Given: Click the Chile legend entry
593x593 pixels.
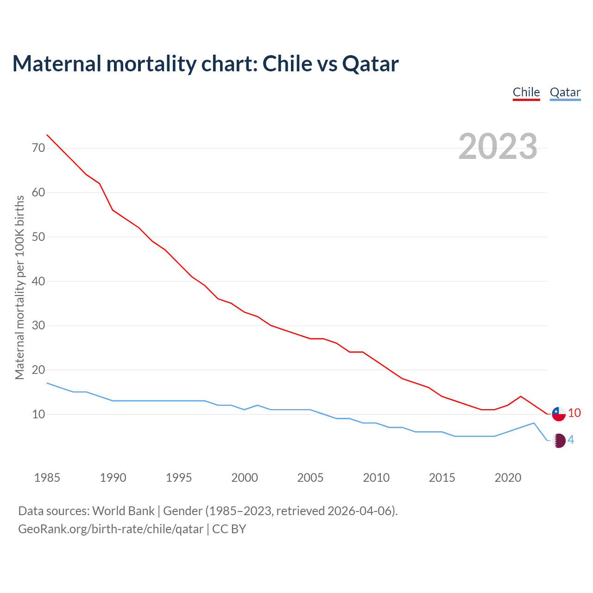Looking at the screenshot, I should click(x=526, y=92).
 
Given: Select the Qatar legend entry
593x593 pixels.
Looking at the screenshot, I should click(x=565, y=92).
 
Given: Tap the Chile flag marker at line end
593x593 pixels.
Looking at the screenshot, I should click(x=559, y=414).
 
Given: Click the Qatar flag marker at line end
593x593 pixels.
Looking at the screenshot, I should click(x=559, y=441).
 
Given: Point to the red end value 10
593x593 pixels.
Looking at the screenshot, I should click(x=574, y=413).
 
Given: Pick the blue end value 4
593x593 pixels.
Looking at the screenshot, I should click(x=571, y=440).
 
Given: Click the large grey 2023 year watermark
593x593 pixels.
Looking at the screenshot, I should click(x=498, y=146).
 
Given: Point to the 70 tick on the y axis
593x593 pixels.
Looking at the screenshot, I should click(x=38, y=148).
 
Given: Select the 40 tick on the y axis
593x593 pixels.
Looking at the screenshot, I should click(x=38, y=281).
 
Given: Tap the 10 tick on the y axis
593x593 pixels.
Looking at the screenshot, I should click(x=38, y=414).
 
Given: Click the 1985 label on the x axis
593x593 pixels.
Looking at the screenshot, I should click(x=47, y=478).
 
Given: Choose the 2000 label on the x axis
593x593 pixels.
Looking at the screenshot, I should click(x=245, y=478).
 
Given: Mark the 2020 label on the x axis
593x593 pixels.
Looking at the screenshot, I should click(x=508, y=478).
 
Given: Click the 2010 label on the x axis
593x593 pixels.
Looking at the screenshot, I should click(x=376, y=478).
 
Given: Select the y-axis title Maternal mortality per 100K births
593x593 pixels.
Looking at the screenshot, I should click(x=19, y=287).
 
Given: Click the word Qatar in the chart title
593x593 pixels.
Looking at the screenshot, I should click(x=370, y=64).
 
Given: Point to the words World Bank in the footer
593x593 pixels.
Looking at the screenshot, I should click(x=123, y=511).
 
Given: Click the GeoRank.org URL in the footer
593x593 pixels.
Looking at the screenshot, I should click(x=111, y=529).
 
